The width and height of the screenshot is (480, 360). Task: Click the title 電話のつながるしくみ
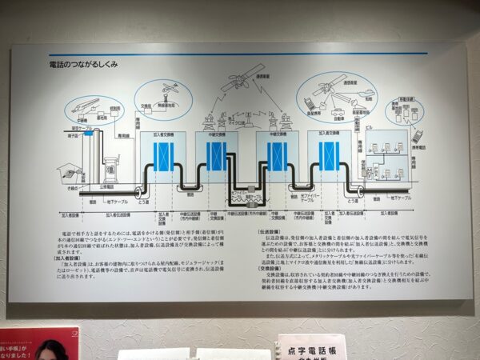pos(83,64)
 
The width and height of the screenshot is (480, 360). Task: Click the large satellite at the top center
pos(239,81)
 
